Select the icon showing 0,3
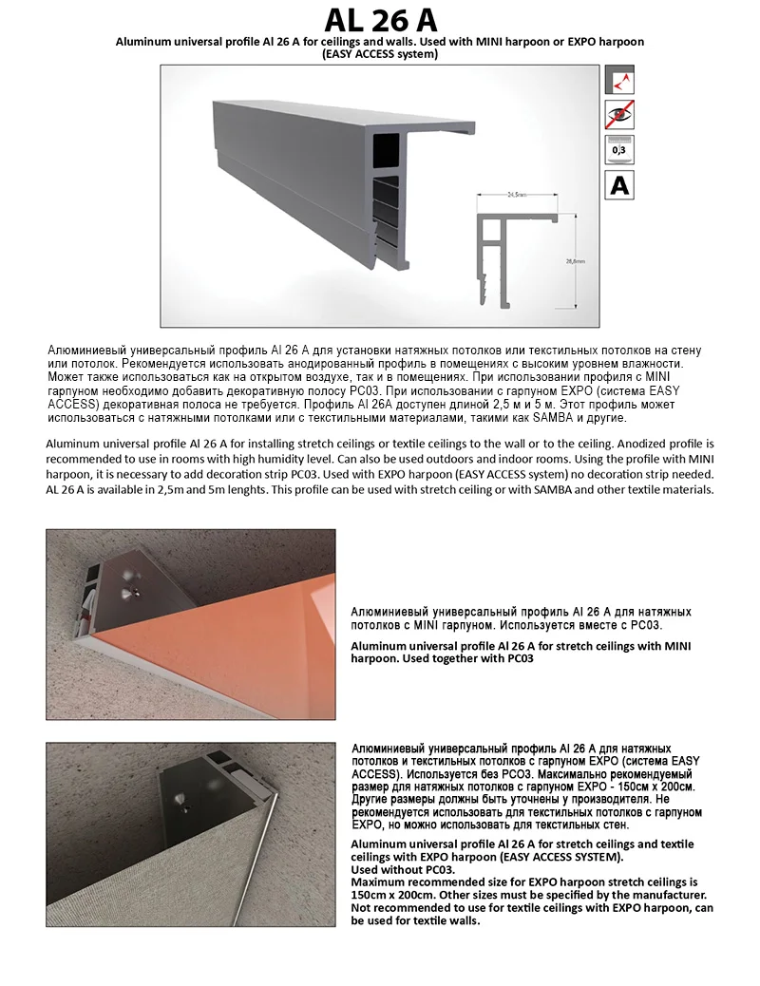(x=619, y=149)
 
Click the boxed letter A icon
(x=619, y=184)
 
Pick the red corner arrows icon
(x=619, y=80)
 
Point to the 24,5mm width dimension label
(x=517, y=198)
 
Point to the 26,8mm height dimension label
(x=575, y=259)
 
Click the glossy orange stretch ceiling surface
(x=237, y=655)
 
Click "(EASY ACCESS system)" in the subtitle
(x=380, y=54)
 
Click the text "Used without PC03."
(x=403, y=869)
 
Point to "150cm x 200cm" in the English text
(x=393, y=895)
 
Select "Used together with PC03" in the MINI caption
(x=465, y=658)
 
